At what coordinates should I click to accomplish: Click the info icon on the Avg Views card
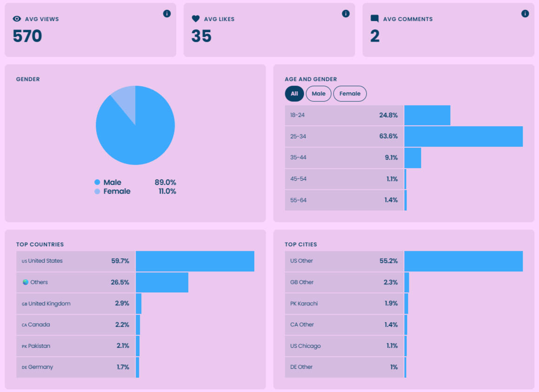point(167,14)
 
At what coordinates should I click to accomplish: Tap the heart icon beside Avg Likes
point(196,19)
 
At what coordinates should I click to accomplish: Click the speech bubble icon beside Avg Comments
point(375,19)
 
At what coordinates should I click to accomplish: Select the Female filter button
point(350,94)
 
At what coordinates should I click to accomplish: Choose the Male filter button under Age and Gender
point(318,94)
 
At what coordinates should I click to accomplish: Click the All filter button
point(294,94)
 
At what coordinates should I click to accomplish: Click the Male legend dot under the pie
point(97,182)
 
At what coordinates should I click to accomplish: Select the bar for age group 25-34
point(463,136)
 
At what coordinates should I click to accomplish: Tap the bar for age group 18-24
point(427,115)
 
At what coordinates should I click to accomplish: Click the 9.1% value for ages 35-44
point(391,158)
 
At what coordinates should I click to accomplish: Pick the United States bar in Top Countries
point(195,261)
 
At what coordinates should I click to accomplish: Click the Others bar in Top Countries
point(162,283)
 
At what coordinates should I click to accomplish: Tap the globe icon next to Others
point(26,282)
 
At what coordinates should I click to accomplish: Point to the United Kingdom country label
point(49,304)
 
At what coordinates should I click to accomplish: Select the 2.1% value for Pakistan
point(123,346)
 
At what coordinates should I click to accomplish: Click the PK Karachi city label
point(304,304)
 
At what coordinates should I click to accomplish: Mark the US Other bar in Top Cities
point(463,261)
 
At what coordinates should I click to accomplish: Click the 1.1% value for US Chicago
point(391,346)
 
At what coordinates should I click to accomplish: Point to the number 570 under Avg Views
point(27,36)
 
